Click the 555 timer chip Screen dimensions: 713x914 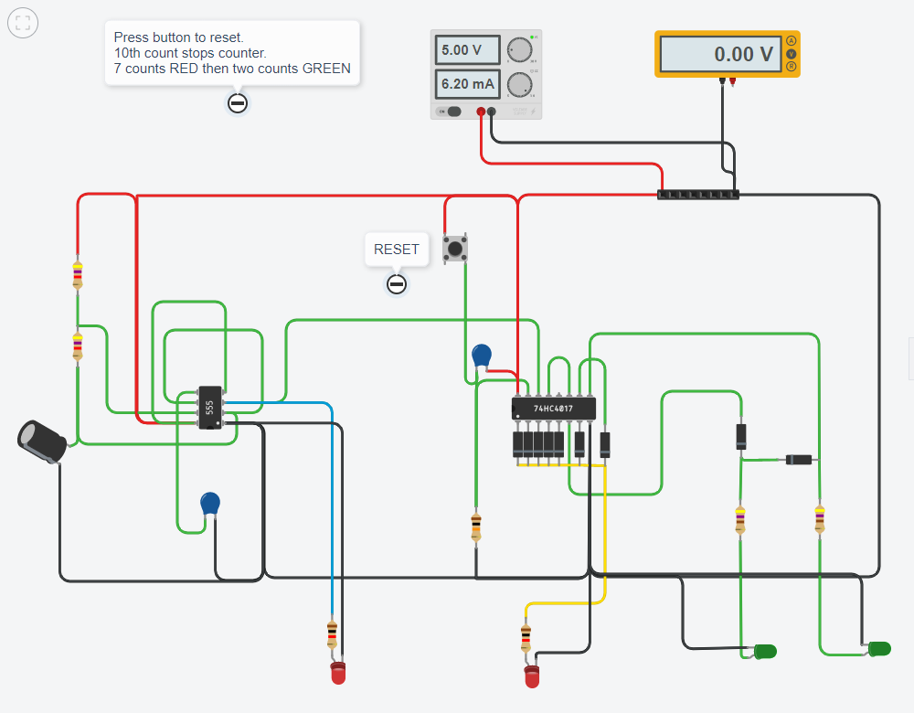[x=209, y=408]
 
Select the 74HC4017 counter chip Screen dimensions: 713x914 [x=554, y=409]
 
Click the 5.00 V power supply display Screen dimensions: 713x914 [x=467, y=50]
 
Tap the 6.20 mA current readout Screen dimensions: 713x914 [x=467, y=84]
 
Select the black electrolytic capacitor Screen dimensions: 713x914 [x=42, y=440]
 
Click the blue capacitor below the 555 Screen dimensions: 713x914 [x=210, y=504]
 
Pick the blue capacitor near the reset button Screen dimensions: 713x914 [x=482, y=356]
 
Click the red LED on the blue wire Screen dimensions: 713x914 [x=338, y=675]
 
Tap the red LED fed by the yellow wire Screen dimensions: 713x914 [x=532, y=677]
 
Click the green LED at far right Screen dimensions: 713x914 [x=878, y=649]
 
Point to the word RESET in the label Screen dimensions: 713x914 [x=397, y=250]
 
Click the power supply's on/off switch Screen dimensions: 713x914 [x=451, y=112]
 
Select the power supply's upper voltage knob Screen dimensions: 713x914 [x=521, y=50]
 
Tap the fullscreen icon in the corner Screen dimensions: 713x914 [x=22, y=23]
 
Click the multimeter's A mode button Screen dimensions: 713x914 [x=791, y=41]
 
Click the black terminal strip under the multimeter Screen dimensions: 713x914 [x=697, y=195]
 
